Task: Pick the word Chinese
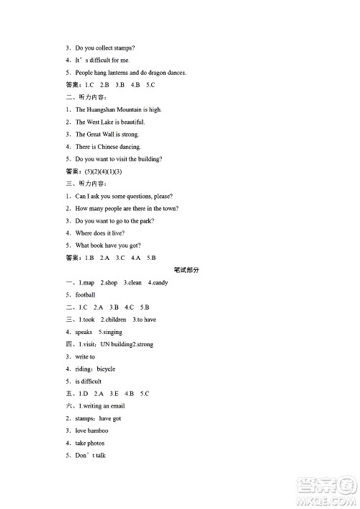[109, 147]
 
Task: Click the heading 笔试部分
[186, 270]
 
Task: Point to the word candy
[160, 283]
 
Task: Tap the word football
[85, 295]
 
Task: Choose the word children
[115, 320]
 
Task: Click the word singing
[112, 332]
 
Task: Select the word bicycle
[106, 369]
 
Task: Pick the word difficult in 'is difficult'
[91, 381]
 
